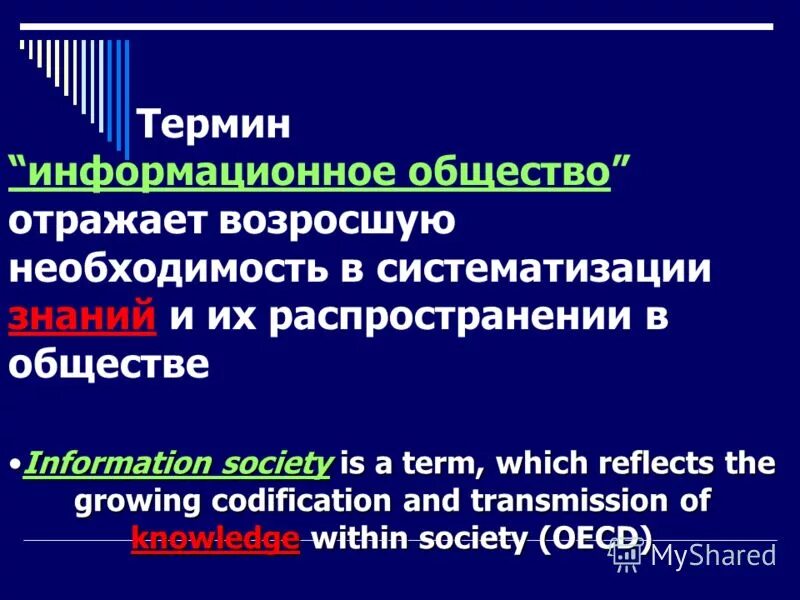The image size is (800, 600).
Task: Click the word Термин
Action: coord(213,124)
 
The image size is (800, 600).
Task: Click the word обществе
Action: coord(109,364)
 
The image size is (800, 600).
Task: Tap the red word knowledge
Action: coord(215,538)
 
